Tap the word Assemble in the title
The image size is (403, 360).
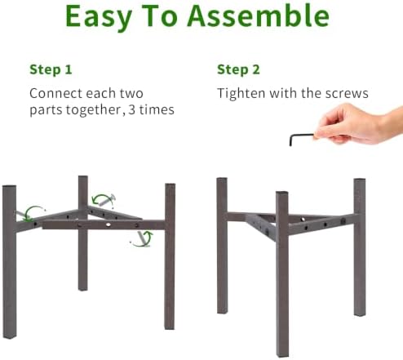pos(259,16)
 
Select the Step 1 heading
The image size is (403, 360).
pos(51,69)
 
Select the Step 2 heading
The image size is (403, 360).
pos(238,69)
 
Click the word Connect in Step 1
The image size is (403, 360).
pos(55,93)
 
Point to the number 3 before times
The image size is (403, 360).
pos(131,109)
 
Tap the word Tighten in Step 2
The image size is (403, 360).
pos(241,94)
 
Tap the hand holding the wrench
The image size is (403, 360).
pos(359,124)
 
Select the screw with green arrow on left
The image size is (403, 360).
pos(22,215)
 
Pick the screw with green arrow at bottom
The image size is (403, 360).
pos(142,238)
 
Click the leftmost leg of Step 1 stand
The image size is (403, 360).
pos(10,262)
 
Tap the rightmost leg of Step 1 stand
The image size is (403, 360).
pos(170,256)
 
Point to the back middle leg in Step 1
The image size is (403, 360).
pos(83,233)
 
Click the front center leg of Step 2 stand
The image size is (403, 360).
pos(282,273)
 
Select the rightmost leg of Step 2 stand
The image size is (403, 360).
pos(360,247)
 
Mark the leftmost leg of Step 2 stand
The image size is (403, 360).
pos(222,246)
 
